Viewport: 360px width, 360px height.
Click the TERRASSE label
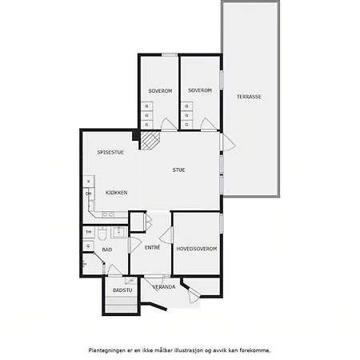click(249, 97)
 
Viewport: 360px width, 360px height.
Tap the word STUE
click(178, 170)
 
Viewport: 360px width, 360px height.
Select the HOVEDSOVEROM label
click(197, 249)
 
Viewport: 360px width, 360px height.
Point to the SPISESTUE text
click(110, 153)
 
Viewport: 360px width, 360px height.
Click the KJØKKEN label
click(116, 193)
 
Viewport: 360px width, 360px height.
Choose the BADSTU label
click(122, 290)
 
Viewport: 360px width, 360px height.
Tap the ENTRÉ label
click(152, 248)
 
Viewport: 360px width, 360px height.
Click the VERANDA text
click(164, 287)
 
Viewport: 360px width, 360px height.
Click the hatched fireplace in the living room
click(150, 140)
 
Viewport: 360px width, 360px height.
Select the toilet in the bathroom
click(102, 233)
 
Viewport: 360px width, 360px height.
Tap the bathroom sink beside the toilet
click(118, 232)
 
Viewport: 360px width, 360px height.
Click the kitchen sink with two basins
click(108, 214)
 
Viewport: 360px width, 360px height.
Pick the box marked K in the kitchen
click(89, 182)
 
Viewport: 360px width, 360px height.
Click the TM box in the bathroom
click(89, 232)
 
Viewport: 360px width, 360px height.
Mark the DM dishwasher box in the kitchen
click(89, 194)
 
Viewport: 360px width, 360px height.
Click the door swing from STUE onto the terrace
click(228, 142)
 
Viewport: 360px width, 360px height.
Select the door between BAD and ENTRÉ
click(134, 245)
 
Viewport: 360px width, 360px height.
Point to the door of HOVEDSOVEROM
click(166, 235)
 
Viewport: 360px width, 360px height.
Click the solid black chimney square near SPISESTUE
click(136, 135)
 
